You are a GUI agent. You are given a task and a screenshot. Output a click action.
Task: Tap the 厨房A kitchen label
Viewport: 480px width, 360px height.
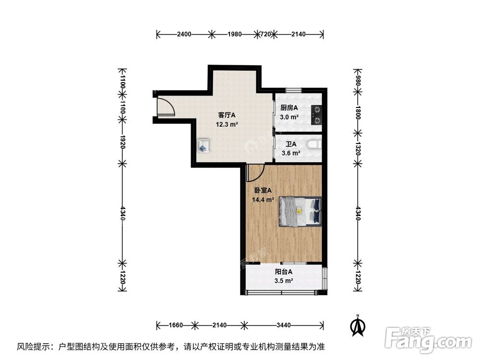[x=289, y=108]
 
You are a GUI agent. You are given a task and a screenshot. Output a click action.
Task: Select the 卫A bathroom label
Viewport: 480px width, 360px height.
[x=291, y=144]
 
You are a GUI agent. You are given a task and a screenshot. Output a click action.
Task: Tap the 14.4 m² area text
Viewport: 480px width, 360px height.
[x=263, y=200]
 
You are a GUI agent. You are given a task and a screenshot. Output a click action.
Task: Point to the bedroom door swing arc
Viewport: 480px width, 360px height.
[x=255, y=173]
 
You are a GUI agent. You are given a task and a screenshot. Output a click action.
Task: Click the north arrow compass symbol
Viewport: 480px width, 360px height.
[x=357, y=325]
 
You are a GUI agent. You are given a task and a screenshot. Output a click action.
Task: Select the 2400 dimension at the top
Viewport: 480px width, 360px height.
[x=184, y=34]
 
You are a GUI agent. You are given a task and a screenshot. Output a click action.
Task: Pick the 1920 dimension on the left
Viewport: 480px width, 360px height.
[x=123, y=142]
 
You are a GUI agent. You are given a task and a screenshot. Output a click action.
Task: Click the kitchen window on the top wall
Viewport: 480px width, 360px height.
[x=293, y=90]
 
